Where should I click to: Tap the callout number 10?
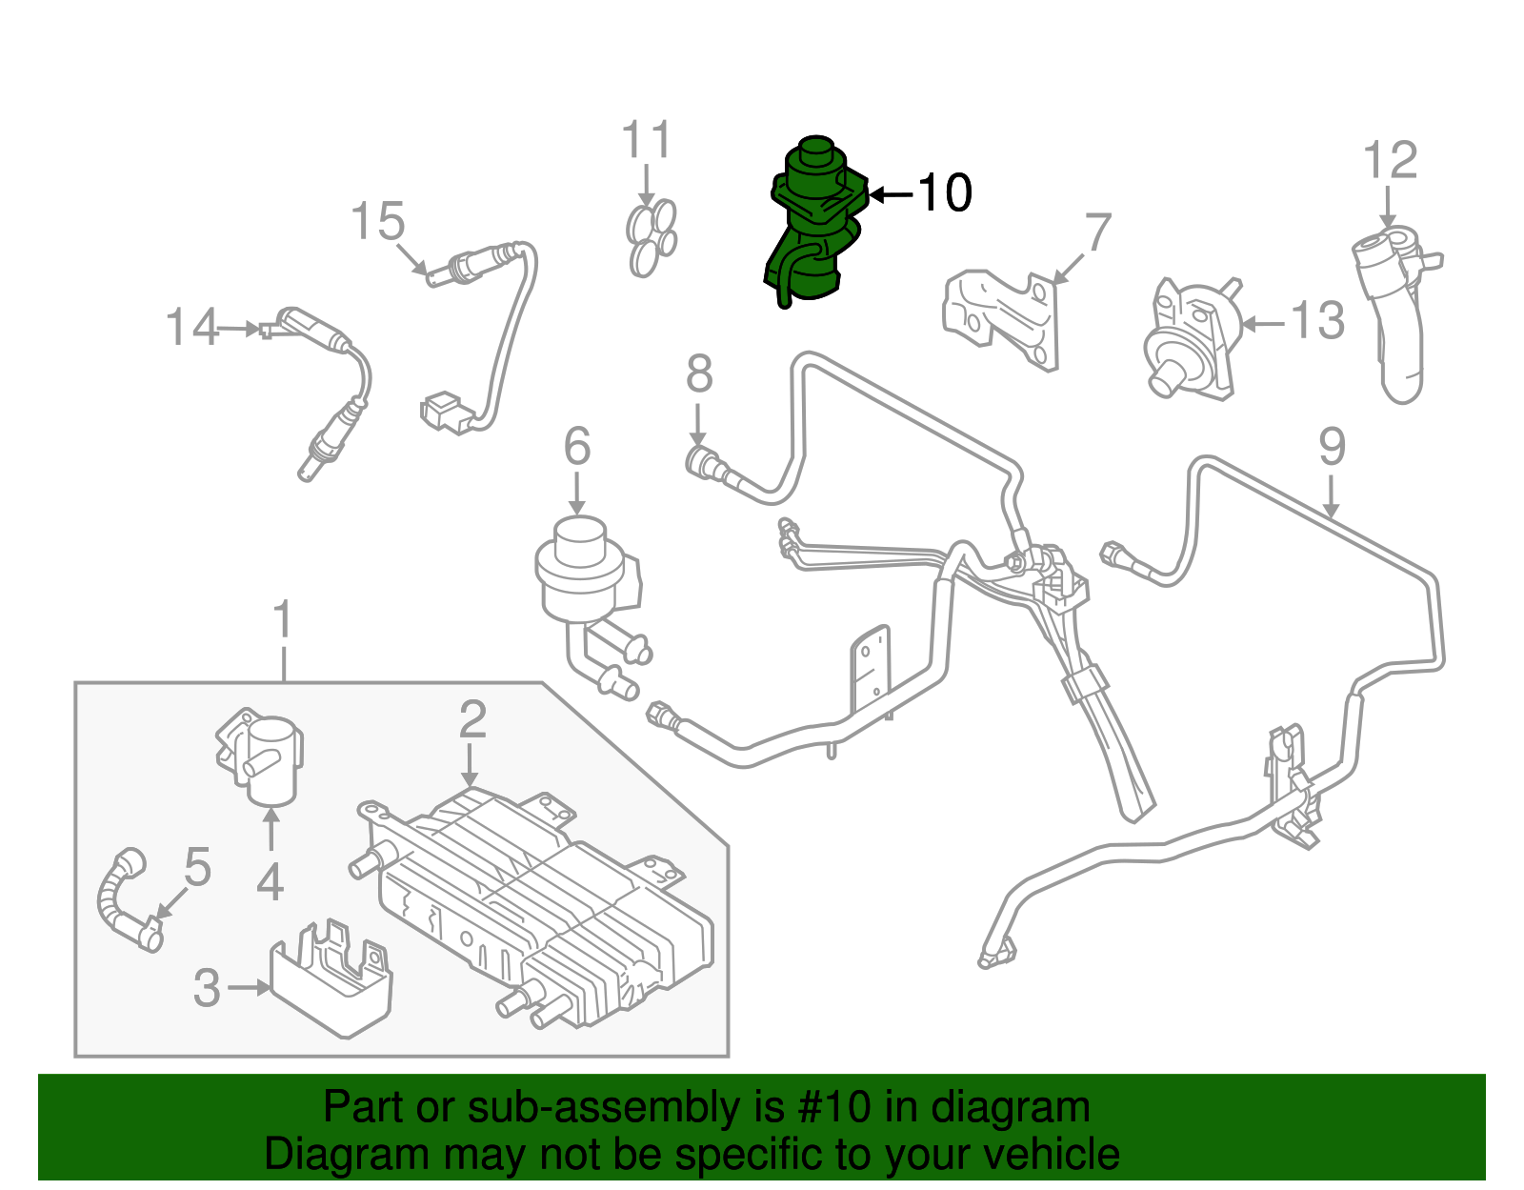click(944, 193)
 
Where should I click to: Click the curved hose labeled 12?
click(1393, 314)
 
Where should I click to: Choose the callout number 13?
click(1317, 321)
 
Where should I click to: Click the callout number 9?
click(1332, 447)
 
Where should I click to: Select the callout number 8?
click(699, 373)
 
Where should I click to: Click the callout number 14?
click(191, 328)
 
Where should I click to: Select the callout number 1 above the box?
click(282, 620)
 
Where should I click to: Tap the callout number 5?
click(197, 868)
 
